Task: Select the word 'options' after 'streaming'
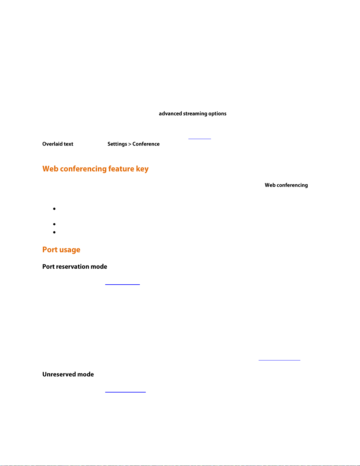[x=217, y=114]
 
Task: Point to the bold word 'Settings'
[x=117, y=144]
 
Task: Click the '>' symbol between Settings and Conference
[x=130, y=144]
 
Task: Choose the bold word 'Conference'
[x=146, y=144]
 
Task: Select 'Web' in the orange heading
[x=50, y=169]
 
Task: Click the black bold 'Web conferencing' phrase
[x=286, y=185]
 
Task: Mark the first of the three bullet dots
[x=54, y=209]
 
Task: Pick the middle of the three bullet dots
[x=54, y=224]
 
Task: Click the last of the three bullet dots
[x=54, y=232]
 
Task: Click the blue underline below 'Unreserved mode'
[x=125, y=392]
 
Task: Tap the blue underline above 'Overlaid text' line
[x=200, y=138]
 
